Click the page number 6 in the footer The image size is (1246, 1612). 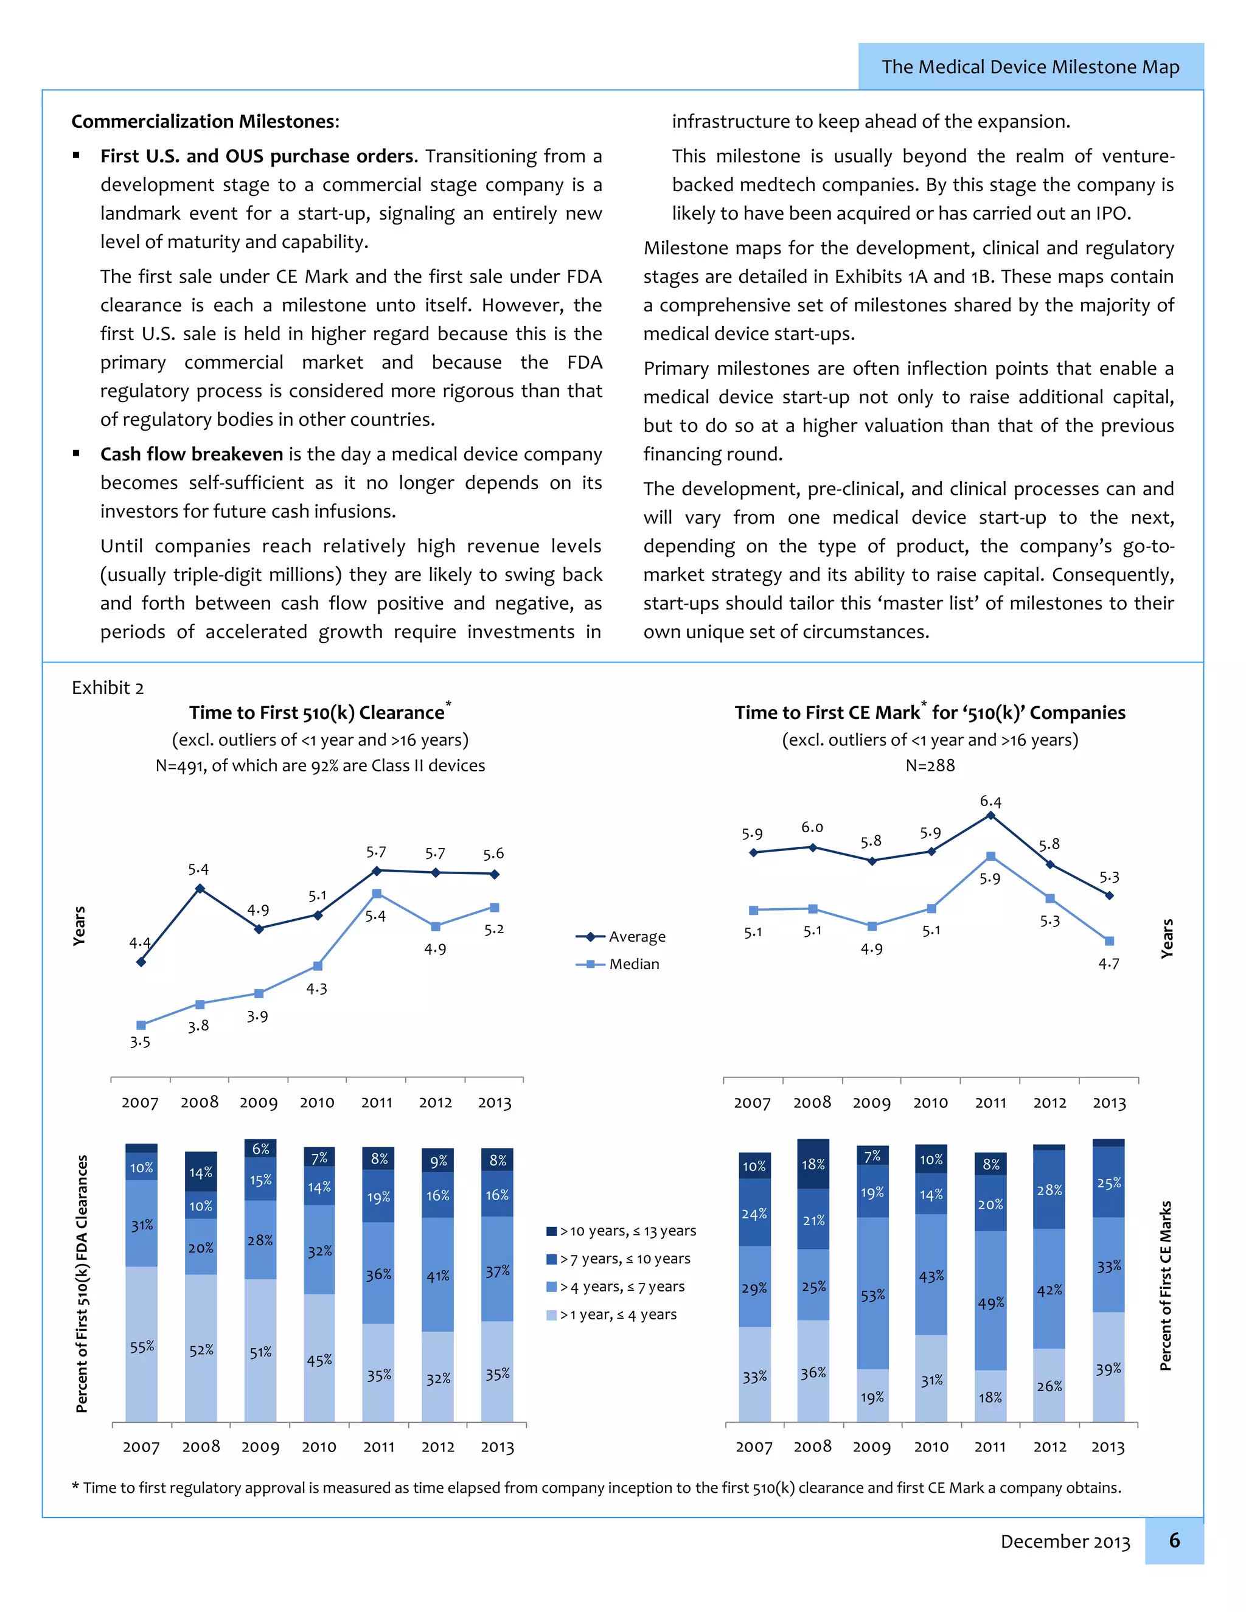(x=1174, y=1540)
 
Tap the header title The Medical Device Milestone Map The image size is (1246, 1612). (x=1030, y=67)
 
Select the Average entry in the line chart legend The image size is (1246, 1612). (x=636, y=937)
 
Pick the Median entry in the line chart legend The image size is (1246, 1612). (x=633, y=964)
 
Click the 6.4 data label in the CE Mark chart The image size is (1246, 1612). (x=990, y=802)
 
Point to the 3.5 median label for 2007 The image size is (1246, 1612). (x=141, y=1042)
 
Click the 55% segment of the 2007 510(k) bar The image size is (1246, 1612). (x=142, y=1346)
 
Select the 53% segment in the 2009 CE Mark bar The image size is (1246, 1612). (x=872, y=1295)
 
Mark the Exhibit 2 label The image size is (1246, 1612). (x=108, y=688)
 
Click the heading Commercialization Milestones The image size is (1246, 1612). (x=205, y=122)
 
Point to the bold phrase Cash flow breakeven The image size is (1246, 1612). (x=192, y=454)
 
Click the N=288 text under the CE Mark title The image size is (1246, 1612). (x=930, y=765)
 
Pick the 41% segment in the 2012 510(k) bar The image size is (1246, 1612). (x=437, y=1276)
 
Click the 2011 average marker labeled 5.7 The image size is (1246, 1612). (x=377, y=871)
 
